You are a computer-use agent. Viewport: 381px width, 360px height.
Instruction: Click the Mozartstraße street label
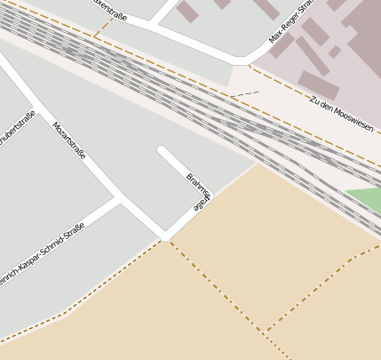tap(69, 140)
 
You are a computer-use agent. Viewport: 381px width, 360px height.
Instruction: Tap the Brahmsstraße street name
tap(200, 189)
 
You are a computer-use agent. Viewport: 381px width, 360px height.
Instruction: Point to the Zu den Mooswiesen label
tap(341, 111)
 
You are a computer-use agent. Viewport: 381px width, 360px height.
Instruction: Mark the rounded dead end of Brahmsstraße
tap(162, 150)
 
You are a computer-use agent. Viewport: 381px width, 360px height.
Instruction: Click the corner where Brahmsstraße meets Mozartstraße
tap(165, 237)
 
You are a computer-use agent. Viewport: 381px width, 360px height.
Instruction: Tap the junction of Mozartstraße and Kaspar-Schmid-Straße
tap(120, 200)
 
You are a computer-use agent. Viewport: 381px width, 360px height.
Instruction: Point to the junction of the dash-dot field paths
tap(265, 332)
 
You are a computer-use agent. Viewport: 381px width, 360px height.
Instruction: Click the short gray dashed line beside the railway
tap(244, 93)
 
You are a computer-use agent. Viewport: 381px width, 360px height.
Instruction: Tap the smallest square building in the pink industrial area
tap(334, 52)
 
